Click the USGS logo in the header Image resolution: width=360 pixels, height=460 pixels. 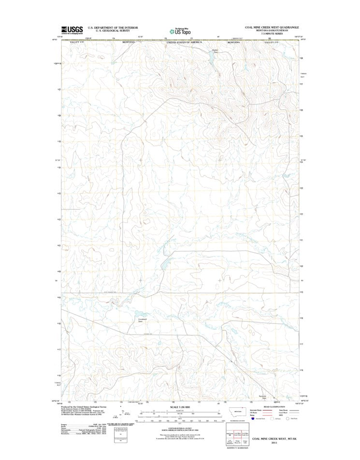72,30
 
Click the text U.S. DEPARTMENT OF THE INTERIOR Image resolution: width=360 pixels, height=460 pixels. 113,28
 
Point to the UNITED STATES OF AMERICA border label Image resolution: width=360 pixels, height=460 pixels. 184,43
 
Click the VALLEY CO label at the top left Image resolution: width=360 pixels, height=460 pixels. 77,43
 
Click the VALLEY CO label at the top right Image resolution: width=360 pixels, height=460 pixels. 272,43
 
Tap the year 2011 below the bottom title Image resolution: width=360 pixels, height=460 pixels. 274,443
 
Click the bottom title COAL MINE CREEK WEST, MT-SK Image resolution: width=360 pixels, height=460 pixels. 274,438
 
